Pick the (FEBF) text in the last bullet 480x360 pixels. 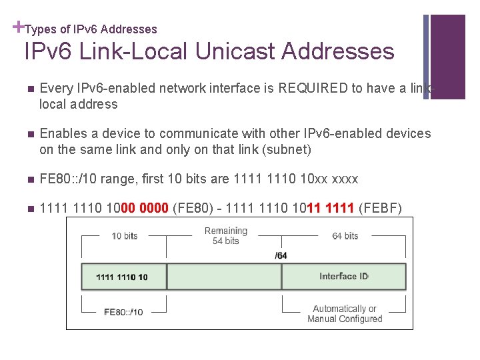[x=380, y=209]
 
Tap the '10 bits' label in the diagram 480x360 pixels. [x=125, y=236]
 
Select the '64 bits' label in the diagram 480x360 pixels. [x=345, y=236]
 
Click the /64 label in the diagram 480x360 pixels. [x=281, y=255]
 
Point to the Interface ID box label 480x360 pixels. [x=343, y=276]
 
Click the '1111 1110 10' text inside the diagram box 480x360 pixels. [x=122, y=277]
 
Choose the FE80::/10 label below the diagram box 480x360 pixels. [x=123, y=311]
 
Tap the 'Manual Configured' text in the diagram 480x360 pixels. [x=345, y=319]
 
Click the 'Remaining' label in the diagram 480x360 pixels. [x=225, y=231]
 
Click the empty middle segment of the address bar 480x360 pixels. [x=225, y=276]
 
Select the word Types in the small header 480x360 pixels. [x=41, y=29]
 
